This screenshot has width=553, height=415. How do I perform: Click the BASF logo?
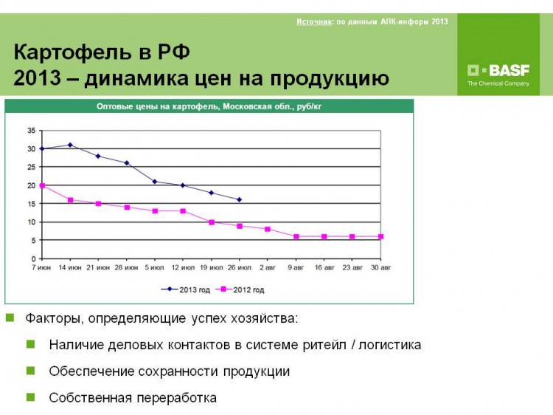(x=498, y=75)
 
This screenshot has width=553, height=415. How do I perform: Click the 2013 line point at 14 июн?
(x=70, y=145)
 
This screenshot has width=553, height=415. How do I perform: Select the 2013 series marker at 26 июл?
(x=240, y=200)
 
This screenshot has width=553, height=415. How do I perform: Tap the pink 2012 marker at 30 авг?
(x=380, y=236)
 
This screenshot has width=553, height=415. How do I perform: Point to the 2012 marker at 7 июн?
(x=42, y=185)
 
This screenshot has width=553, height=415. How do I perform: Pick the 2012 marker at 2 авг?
(x=268, y=229)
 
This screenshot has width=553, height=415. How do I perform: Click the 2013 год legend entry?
(x=186, y=289)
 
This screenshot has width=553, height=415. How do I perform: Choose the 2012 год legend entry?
(x=240, y=289)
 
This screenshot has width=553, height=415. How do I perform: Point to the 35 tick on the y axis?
(x=32, y=131)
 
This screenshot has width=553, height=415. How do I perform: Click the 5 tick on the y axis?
(x=33, y=241)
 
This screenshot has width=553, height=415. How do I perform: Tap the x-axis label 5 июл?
(x=155, y=268)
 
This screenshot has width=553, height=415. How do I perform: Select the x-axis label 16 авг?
(x=324, y=268)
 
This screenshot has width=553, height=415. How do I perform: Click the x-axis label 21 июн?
(x=98, y=268)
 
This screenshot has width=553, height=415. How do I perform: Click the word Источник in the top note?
(x=314, y=21)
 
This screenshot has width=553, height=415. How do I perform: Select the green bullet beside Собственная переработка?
(x=31, y=397)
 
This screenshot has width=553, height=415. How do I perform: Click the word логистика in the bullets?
(x=390, y=345)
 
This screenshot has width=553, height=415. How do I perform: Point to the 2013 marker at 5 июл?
(x=155, y=182)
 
